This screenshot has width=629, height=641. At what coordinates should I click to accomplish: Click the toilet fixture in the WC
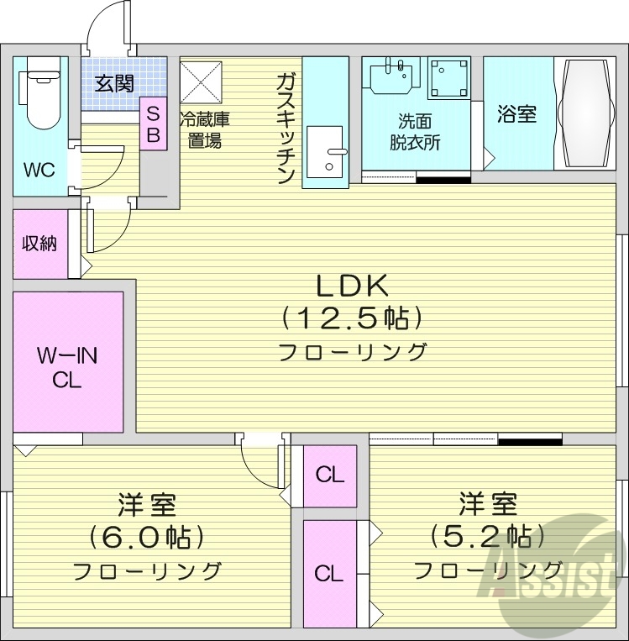coord(39,92)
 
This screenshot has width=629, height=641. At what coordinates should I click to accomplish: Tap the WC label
coord(39,170)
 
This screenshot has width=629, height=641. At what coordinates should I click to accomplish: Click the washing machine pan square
coord(449,78)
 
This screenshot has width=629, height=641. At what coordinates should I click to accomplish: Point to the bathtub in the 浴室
coord(586,113)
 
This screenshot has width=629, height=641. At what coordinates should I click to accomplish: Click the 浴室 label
coord(516,114)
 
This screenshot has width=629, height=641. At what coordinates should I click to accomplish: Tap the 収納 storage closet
coord(39,244)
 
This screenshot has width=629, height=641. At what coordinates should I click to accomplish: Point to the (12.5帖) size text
coord(351,318)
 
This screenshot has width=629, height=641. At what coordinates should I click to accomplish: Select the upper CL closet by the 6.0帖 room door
coord(330,475)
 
